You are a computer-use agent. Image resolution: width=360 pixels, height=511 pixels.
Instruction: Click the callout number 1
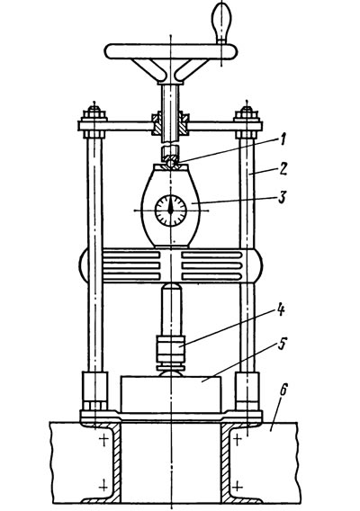282,140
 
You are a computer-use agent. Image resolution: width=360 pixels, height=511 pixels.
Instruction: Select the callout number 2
282,169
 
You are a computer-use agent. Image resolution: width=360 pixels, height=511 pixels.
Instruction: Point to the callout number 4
281,309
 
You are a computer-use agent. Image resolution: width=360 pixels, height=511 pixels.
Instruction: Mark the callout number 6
283,390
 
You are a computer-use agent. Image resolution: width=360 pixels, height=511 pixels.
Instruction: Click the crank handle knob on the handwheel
221,22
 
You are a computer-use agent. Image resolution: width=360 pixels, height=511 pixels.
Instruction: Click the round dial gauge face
170,211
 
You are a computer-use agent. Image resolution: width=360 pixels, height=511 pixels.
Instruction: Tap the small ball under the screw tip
170,162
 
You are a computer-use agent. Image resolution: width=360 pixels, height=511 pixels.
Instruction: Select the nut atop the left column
94,114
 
